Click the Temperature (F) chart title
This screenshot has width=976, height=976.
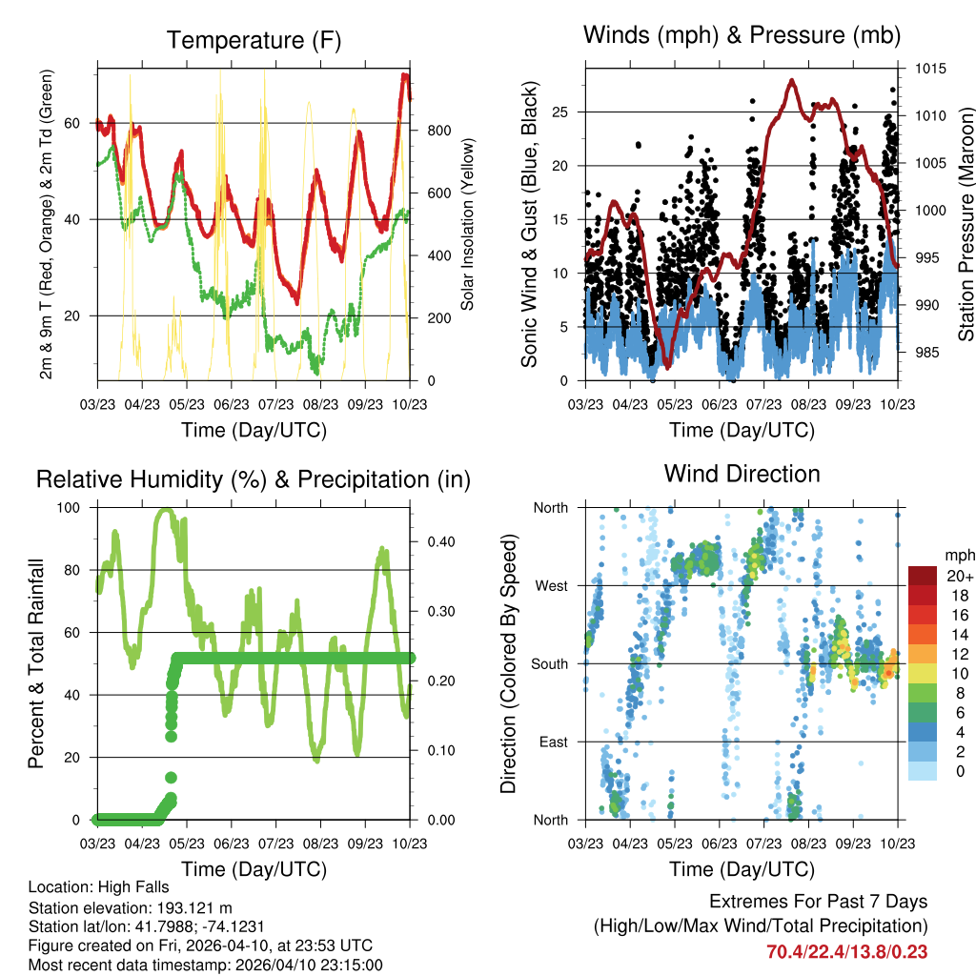(x=254, y=40)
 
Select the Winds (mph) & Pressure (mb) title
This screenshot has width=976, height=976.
(x=742, y=35)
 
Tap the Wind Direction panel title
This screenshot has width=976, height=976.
(x=742, y=473)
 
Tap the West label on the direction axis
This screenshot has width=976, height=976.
(x=551, y=585)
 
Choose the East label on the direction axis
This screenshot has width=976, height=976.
(x=552, y=742)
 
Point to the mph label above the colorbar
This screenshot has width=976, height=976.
(x=958, y=554)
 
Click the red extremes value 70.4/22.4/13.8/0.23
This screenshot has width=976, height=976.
(x=846, y=951)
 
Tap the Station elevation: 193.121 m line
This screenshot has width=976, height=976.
(x=131, y=907)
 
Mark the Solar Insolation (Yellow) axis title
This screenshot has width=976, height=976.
(x=467, y=225)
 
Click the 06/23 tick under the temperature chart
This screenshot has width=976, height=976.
(x=232, y=403)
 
